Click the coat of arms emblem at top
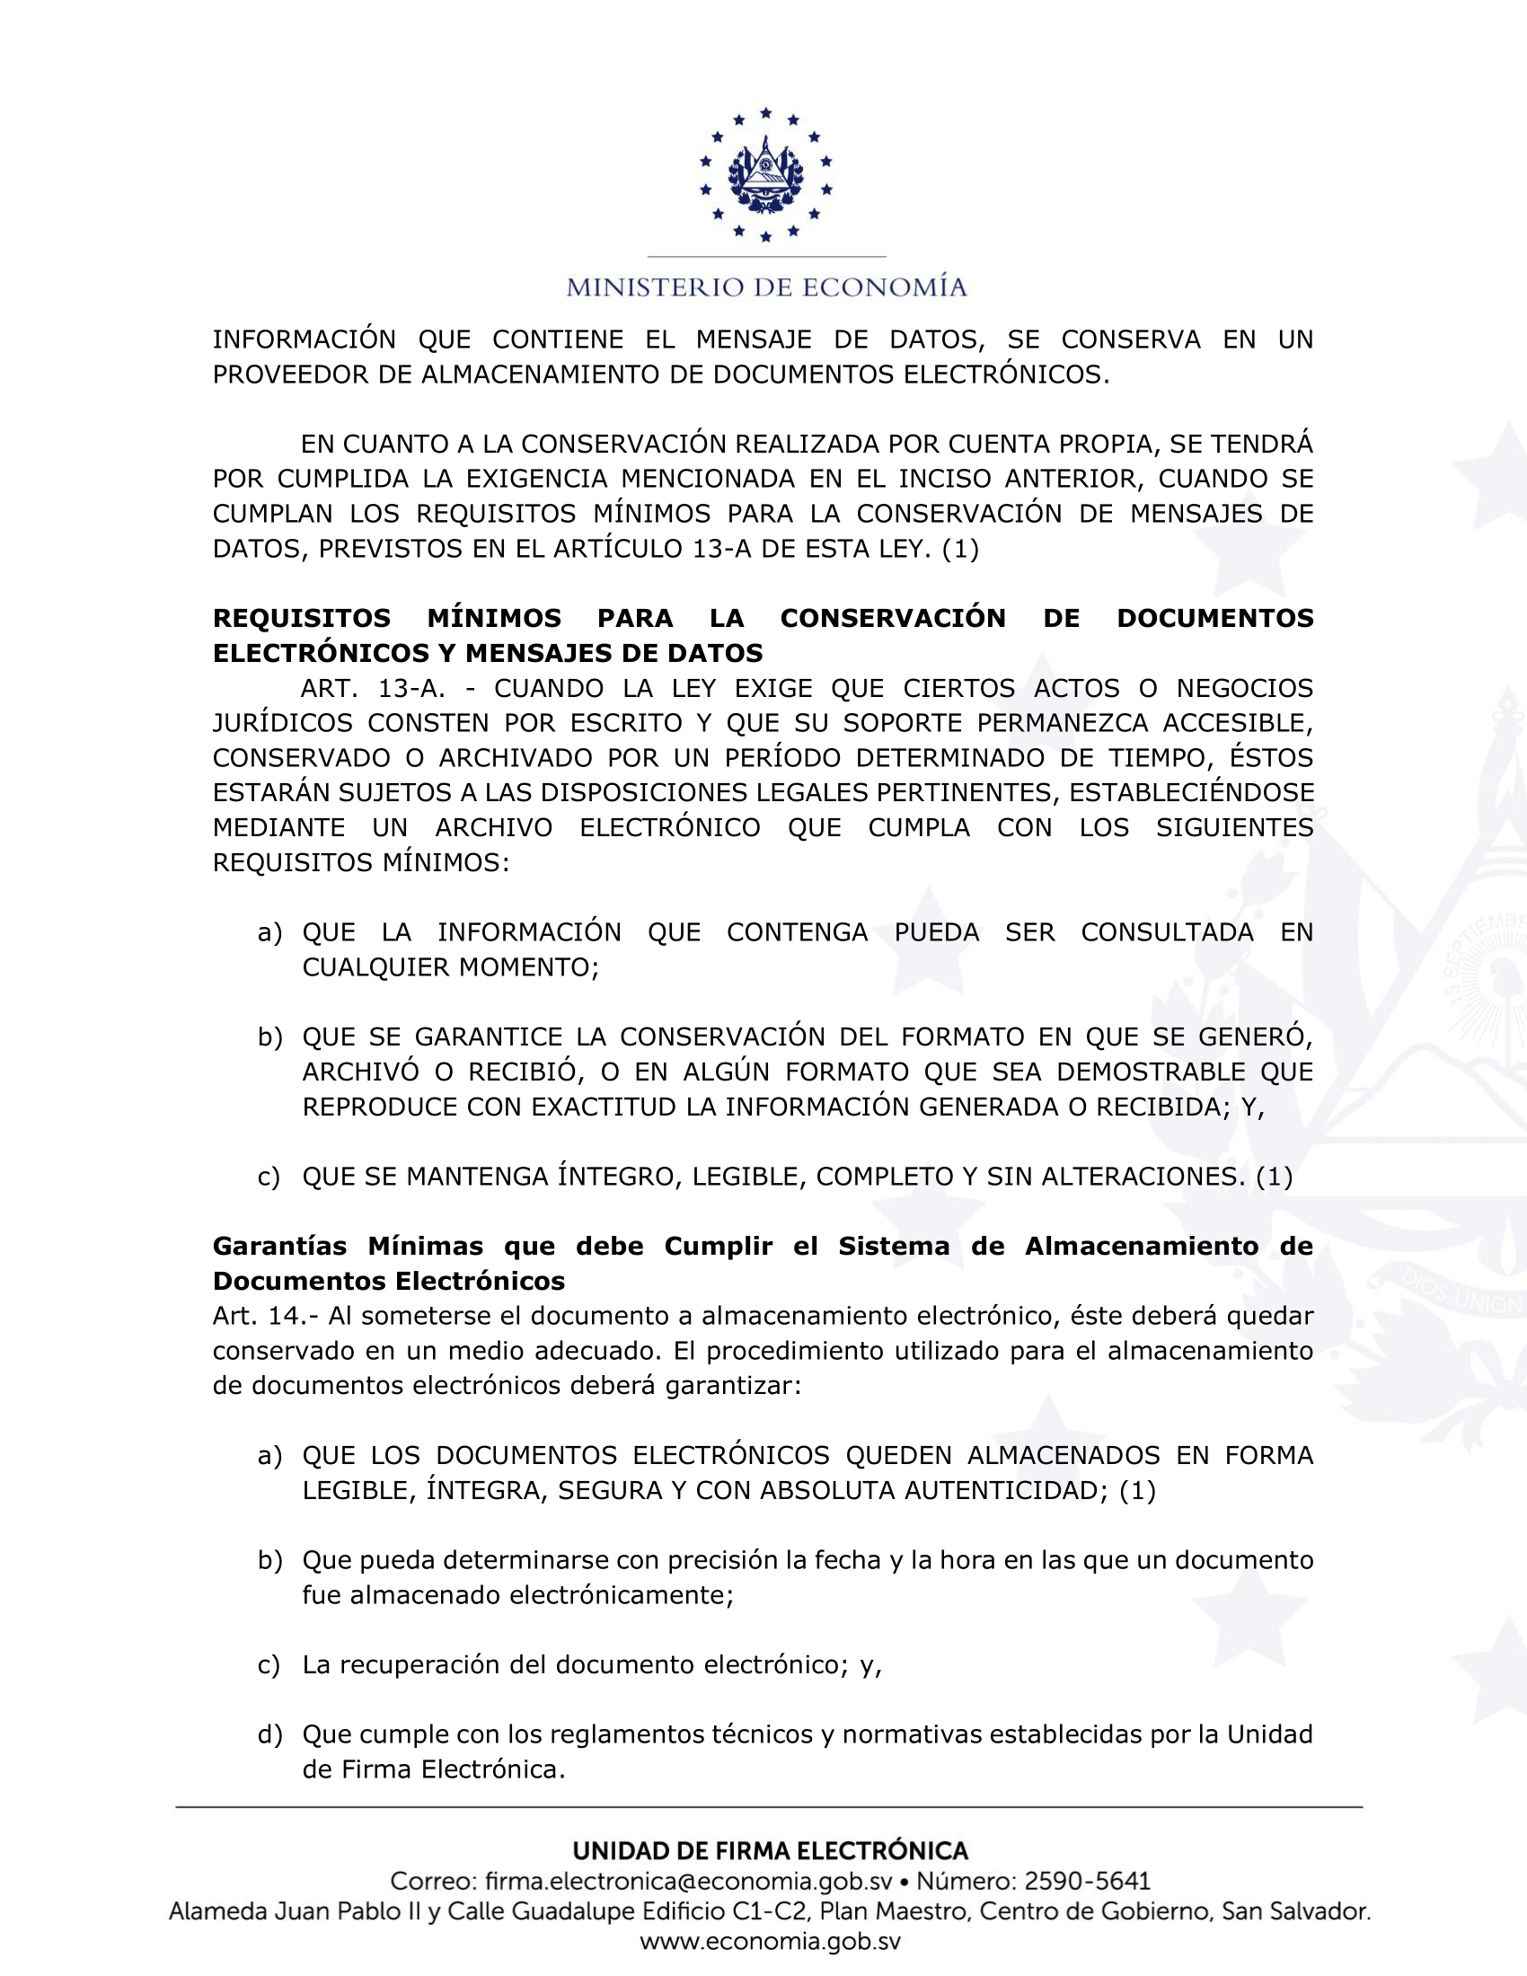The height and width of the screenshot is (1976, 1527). pos(765,174)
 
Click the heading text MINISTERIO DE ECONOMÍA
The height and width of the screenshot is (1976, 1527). pos(766,287)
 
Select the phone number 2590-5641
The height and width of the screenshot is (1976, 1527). pos(1087,1881)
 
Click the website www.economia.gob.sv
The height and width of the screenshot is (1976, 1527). pos(770,1942)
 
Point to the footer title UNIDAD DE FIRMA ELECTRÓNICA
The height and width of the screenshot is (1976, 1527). pos(770,1850)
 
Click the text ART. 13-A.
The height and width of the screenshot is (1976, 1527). pos(373,689)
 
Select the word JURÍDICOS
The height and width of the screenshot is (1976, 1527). pos(282,723)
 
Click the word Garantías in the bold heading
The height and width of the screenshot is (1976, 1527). pos(279,1246)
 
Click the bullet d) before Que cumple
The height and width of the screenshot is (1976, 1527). pos(269,1734)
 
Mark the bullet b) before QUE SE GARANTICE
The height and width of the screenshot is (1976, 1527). pos(269,1037)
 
